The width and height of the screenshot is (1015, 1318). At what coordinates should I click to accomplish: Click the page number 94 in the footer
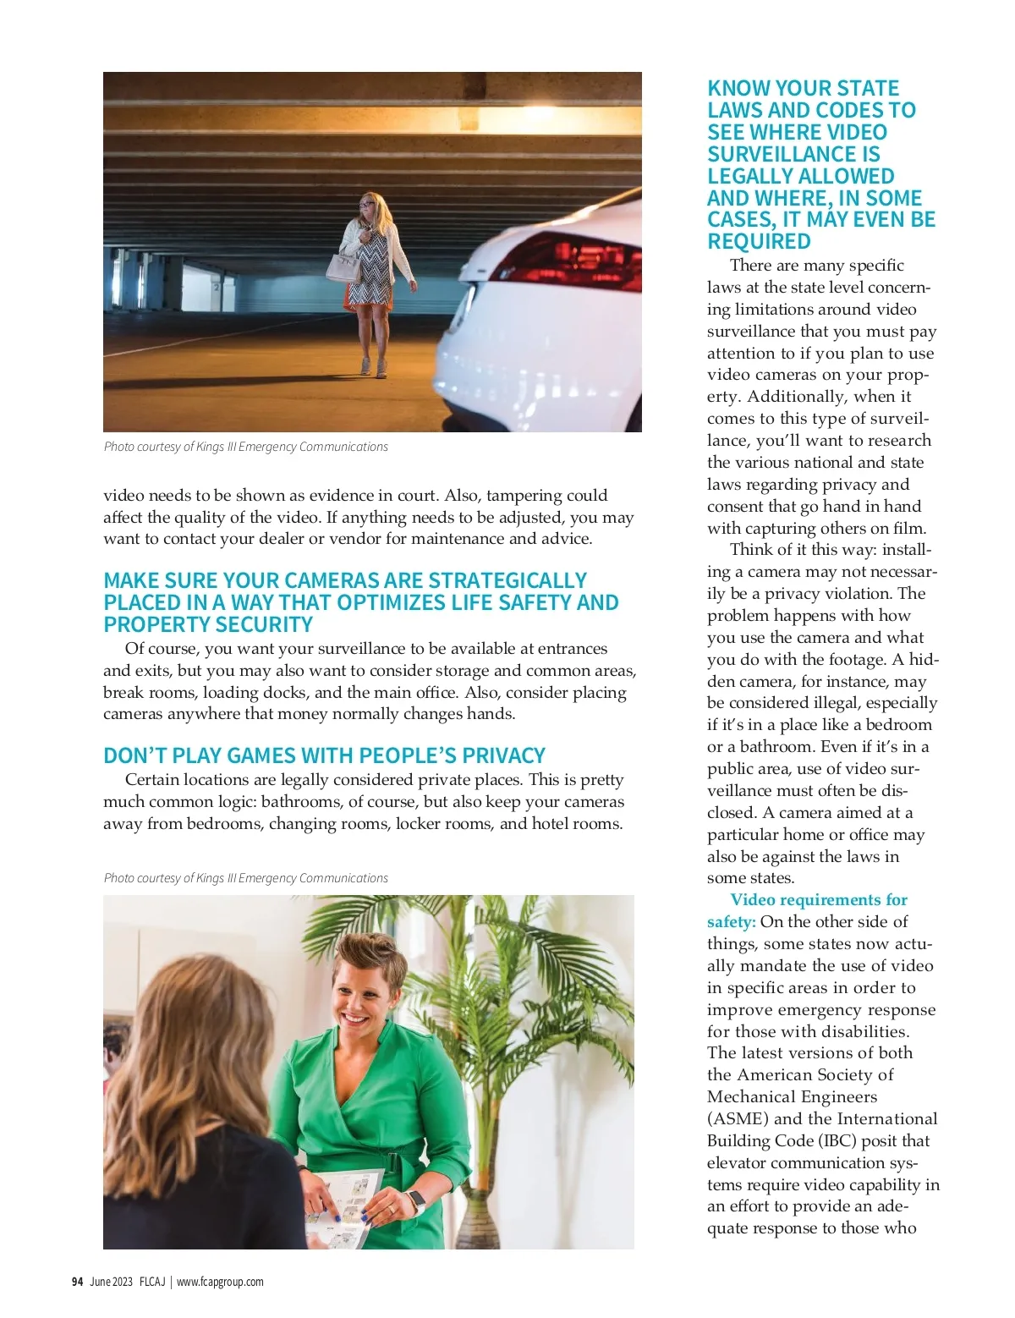pyautogui.click(x=77, y=1282)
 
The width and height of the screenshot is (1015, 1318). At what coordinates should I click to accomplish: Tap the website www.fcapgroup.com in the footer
pyautogui.click(x=220, y=1282)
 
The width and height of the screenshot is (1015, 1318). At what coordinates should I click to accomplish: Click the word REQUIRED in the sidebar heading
pyautogui.click(x=759, y=242)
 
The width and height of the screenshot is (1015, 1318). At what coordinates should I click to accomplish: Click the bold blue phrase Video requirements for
pyautogui.click(x=819, y=900)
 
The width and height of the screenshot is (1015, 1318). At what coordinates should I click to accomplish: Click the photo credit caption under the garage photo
pyautogui.click(x=246, y=447)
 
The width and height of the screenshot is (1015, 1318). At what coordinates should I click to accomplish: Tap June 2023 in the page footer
pyautogui.click(x=111, y=1282)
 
